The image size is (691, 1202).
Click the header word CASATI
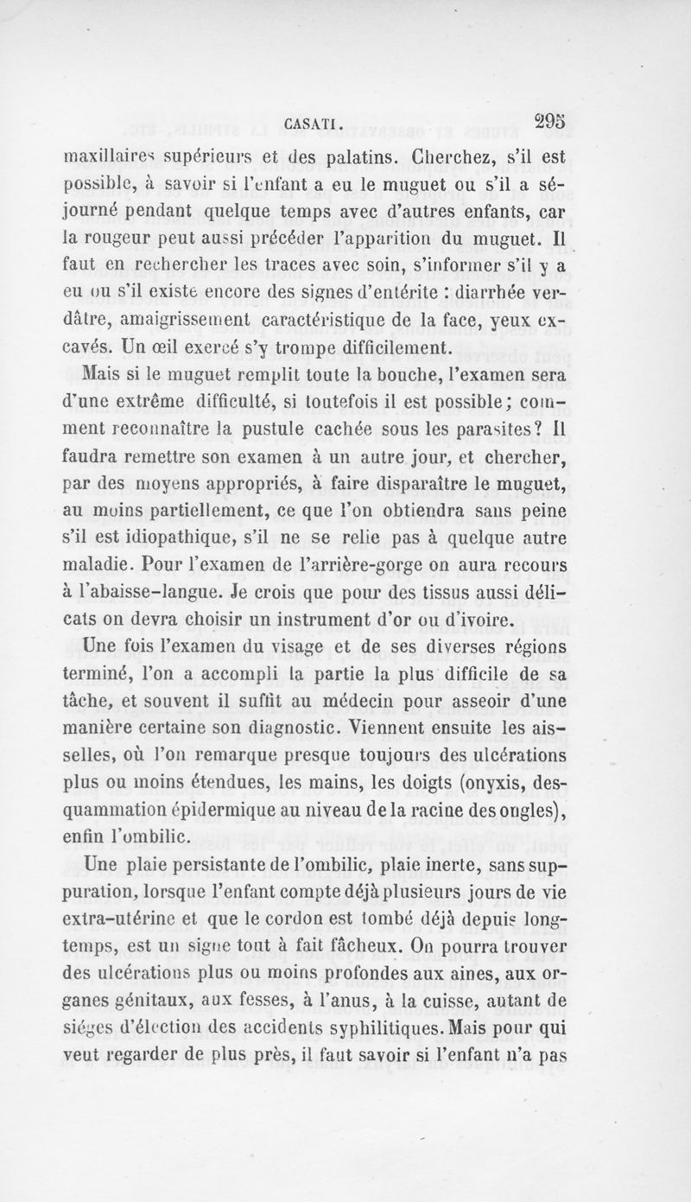(x=313, y=123)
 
